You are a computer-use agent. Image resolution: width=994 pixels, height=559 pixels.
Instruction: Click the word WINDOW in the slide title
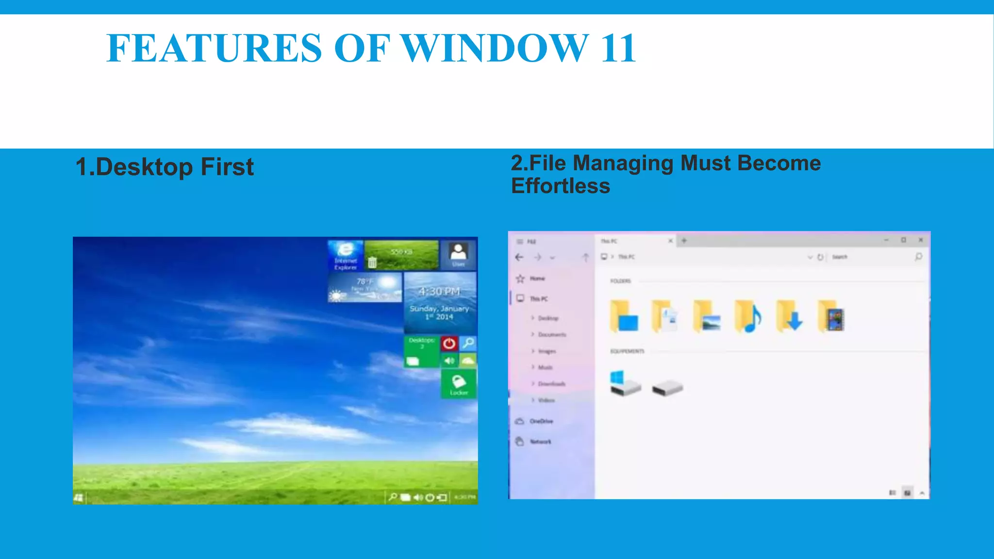pos(496,48)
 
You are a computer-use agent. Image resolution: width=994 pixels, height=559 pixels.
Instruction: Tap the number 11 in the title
pos(618,48)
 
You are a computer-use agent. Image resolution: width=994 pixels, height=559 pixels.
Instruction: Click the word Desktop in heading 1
pos(144,167)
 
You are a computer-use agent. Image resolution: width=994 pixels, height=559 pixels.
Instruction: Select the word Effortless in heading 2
pos(561,186)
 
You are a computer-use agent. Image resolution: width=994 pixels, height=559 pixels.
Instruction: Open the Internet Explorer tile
pos(346,255)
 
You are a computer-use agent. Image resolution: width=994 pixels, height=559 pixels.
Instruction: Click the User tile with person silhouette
pos(458,255)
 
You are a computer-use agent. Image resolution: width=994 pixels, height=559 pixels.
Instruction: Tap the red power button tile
pos(449,344)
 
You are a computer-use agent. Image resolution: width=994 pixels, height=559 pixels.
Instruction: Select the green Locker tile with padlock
pos(459,384)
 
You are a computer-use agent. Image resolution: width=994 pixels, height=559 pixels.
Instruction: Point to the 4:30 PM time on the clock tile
pos(440,292)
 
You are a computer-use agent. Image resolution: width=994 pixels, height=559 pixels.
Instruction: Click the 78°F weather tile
pos(365,287)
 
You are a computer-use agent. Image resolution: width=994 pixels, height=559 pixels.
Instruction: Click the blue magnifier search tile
pos(468,344)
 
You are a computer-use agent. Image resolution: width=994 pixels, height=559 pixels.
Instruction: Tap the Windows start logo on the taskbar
pos(79,497)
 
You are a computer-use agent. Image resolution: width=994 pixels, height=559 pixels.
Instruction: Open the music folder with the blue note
pos(748,317)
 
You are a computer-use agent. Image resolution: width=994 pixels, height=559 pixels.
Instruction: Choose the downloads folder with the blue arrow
pos(789,317)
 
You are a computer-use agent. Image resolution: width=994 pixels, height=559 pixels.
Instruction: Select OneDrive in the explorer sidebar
pos(541,421)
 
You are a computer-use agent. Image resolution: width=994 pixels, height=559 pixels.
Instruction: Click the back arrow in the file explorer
pos(519,257)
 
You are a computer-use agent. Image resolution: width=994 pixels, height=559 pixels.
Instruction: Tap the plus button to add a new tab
pos(684,240)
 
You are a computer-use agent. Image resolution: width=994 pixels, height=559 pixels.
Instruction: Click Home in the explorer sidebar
pos(537,279)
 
